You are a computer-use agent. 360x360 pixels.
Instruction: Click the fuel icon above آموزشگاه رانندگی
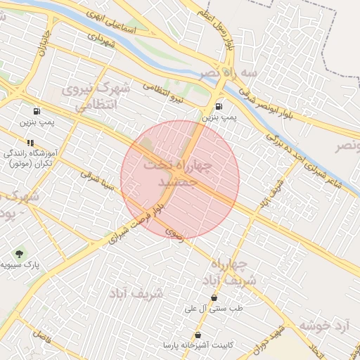click(36, 112)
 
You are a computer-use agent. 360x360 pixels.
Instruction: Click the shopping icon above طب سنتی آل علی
click(214, 298)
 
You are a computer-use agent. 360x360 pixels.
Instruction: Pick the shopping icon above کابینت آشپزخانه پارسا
click(198, 335)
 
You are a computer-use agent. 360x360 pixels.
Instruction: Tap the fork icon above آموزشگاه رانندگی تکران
click(30, 143)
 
